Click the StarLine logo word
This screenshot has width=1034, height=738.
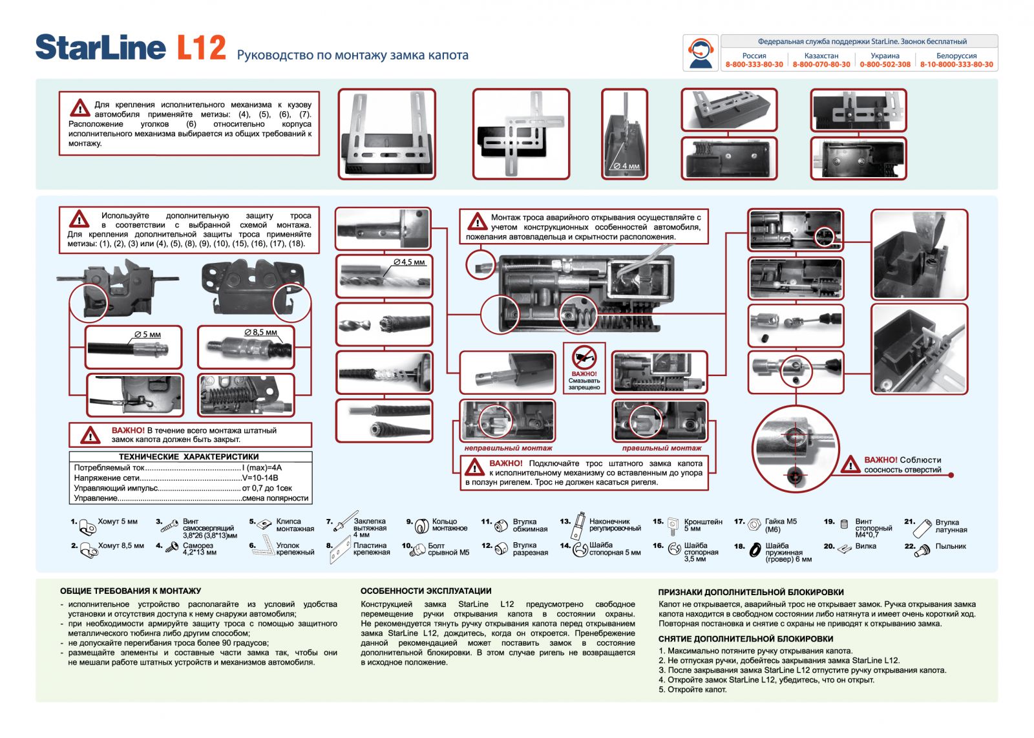[100, 48]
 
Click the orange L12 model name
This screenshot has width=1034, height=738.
[201, 48]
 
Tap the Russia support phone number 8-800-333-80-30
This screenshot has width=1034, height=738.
[754, 65]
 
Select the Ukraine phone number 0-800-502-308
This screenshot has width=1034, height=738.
[885, 65]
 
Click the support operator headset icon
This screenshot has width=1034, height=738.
[701, 53]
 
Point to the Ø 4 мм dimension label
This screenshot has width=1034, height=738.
[626, 166]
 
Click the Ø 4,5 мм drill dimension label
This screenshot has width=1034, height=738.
[409, 262]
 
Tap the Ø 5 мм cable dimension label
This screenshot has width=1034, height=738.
[147, 334]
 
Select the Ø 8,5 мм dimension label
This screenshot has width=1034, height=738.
[260, 332]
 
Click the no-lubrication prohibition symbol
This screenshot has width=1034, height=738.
[584, 357]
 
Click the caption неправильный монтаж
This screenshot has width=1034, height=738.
[508, 448]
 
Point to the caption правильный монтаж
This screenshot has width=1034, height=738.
[661, 448]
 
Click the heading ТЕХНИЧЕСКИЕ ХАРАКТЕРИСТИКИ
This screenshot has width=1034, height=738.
[189, 456]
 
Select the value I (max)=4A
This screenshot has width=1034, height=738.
[262, 467]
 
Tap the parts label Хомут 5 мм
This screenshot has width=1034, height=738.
[118, 522]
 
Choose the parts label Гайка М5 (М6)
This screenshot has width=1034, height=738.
[781, 525]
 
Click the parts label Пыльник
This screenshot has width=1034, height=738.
[951, 546]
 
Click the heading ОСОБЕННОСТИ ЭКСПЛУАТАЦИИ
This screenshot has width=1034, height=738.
[426, 591]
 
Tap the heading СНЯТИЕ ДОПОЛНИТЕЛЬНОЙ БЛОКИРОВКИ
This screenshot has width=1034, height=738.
[746, 638]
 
